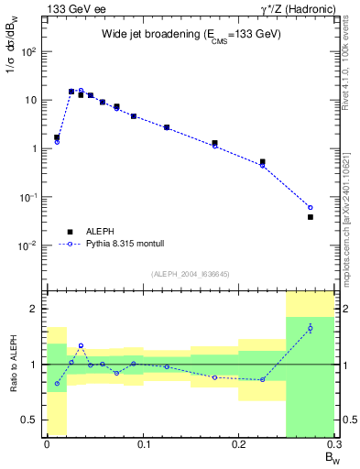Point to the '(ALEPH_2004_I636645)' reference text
(191, 274)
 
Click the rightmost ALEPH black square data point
(310, 217)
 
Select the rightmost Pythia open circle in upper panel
(310, 207)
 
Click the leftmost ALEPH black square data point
(57, 137)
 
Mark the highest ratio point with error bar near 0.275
(310, 328)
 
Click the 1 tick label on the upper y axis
(35, 148)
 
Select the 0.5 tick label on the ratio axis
(31, 420)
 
